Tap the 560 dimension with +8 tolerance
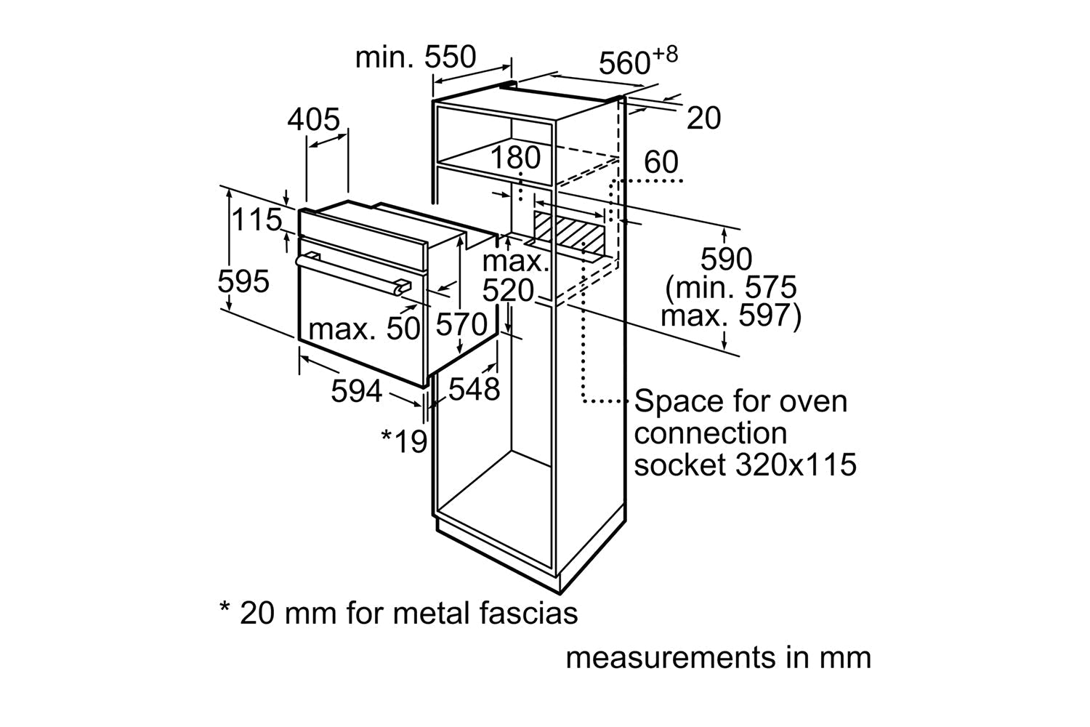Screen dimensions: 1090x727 (638, 61)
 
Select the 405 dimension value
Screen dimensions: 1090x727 (313, 119)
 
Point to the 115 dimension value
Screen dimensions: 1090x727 (257, 219)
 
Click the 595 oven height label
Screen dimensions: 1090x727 (243, 281)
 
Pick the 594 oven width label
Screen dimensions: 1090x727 (357, 390)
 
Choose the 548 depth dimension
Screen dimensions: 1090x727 (474, 389)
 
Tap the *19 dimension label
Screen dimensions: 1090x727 (404, 441)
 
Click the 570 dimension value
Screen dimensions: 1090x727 (461, 324)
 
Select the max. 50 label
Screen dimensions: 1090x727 (364, 329)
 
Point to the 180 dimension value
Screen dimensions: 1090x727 (515, 157)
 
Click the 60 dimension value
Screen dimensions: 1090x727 (661, 161)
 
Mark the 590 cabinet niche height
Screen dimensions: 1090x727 (726, 259)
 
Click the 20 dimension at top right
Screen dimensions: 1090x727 (703, 118)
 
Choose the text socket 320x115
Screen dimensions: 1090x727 (745, 464)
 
